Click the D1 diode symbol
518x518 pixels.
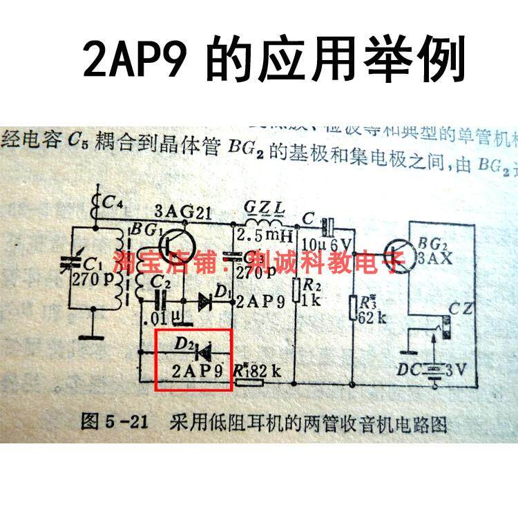coord(206,301)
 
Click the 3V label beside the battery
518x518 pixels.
coord(459,370)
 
